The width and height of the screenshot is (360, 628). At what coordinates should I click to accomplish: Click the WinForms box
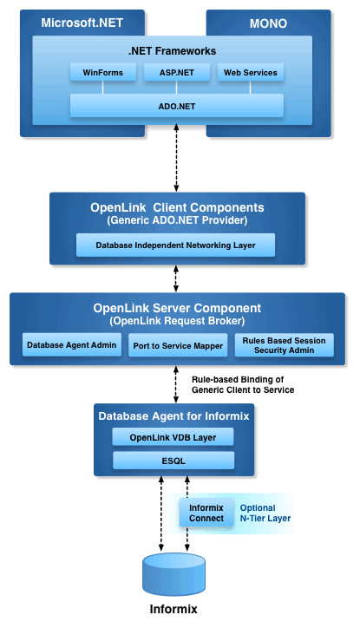pyautogui.click(x=103, y=73)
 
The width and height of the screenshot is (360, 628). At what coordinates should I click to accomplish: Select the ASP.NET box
pyautogui.click(x=177, y=73)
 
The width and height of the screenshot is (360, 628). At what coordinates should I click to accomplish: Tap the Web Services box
pyautogui.click(x=251, y=73)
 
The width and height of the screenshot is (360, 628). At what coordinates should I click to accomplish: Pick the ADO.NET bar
pyautogui.click(x=177, y=106)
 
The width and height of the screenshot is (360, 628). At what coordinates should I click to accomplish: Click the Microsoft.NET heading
pyautogui.click(x=82, y=23)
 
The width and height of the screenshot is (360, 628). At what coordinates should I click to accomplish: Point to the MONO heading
pyautogui.click(x=268, y=23)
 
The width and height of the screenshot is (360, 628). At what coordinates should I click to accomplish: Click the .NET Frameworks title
pyautogui.click(x=172, y=51)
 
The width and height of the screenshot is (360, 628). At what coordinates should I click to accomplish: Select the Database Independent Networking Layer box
pyautogui.click(x=175, y=245)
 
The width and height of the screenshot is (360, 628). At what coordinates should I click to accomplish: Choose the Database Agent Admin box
pyautogui.click(x=72, y=345)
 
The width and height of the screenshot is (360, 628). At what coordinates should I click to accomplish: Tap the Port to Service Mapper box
pyautogui.click(x=178, y=345)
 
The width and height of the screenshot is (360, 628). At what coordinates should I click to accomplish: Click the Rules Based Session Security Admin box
pyautogui.click(x=284, y=345)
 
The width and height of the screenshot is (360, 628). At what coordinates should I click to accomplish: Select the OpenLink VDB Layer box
pyautogui.click(x=173, y=437)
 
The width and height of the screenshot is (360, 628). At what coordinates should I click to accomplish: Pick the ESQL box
pyautogui.click(x=173, y=461)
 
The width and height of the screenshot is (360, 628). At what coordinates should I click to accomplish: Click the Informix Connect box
pyautogui.click(x=206, y=513)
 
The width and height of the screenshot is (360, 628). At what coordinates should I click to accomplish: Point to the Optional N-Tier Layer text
pyautogui.click(x=265, y=513)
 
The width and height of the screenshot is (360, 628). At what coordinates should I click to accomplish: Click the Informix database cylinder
pyautogui.click(x=173, y=575)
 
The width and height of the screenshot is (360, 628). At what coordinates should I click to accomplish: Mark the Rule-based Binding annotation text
pyautogui.click(x=243, y=384)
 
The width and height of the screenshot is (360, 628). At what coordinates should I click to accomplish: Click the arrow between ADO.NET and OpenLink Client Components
pyautogui.click(x=176, y=158)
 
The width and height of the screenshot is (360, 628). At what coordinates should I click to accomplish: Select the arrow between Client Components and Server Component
pyautogui.click(x=176, y=278)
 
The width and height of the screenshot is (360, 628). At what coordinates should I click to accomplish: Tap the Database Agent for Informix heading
pyautogui.click(x=173, y=416)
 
